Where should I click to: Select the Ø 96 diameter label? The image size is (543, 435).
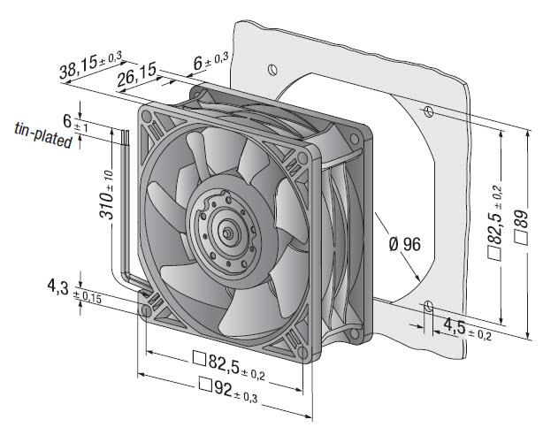(x=403, y=244)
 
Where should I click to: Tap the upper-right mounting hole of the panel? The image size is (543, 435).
(x=427, y=111)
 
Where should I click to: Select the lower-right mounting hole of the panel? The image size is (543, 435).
(x=427, y=307)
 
